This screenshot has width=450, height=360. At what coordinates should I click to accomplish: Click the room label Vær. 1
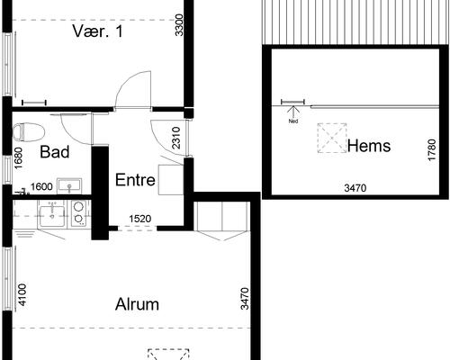coord(97,31)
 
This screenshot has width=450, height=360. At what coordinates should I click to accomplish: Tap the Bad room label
coord(55,152)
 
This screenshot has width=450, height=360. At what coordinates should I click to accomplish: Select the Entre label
coord(135,180)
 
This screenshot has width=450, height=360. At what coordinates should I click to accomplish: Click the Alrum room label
coord(137,304)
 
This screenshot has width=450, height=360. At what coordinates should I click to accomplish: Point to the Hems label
coord(369,146)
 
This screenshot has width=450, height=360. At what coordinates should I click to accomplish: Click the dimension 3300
coord(179,25)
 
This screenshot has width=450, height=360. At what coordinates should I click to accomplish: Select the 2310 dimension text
coord(176,138)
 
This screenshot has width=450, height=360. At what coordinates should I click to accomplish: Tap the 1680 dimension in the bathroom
coord(18,158)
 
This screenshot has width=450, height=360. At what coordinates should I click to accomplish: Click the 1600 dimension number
coord(41,187)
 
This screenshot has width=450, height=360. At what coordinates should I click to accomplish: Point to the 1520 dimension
coord(140,219)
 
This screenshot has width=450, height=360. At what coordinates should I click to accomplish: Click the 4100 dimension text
coord(22,295)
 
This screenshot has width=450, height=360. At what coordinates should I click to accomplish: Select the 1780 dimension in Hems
coord(431,149)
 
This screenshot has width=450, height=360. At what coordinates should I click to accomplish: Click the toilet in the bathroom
coord(29,132)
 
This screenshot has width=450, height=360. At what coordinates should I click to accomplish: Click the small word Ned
coord(293,121)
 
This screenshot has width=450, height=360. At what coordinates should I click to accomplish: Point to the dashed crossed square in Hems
coord(332,139)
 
